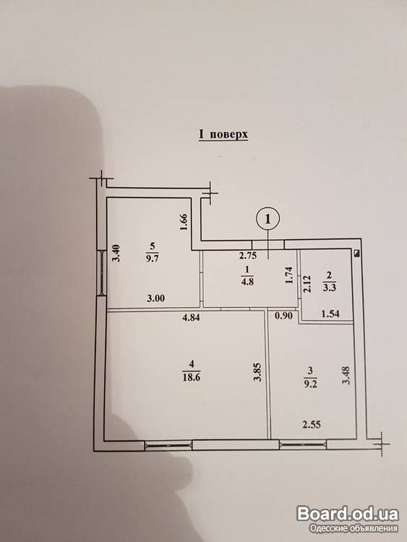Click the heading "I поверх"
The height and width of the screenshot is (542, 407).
[x=223, y=134]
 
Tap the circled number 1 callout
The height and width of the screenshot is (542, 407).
[x=267, y=218]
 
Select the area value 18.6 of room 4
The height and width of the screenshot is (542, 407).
[x=192, y=377]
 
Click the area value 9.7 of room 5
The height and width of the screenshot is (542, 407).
[x=153, y=258]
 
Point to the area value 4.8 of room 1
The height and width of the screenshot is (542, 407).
[x=248, y=281]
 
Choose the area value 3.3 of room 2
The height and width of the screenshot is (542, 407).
[x=328, y=287]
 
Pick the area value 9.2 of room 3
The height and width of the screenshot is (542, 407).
[x=309, y=383]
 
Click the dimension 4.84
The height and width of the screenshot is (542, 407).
[x=191, y=317]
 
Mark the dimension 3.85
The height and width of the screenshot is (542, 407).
[x=257, y=372]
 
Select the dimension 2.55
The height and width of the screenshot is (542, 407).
[x=312, y=424]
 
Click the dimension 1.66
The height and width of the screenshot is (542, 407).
[x=184, y=223]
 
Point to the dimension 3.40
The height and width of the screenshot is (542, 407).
[x=117, y=254]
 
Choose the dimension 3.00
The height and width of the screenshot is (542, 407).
[x=155, y=298]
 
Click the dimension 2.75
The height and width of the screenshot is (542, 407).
[x=248, y=256]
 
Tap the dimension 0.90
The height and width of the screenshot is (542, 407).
[x=284, y=316]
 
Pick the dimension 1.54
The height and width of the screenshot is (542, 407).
[x=330, y=314]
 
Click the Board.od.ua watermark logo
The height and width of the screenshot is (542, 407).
[x=348, y=514]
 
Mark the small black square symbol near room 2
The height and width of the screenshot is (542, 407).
[x=358, y=253]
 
